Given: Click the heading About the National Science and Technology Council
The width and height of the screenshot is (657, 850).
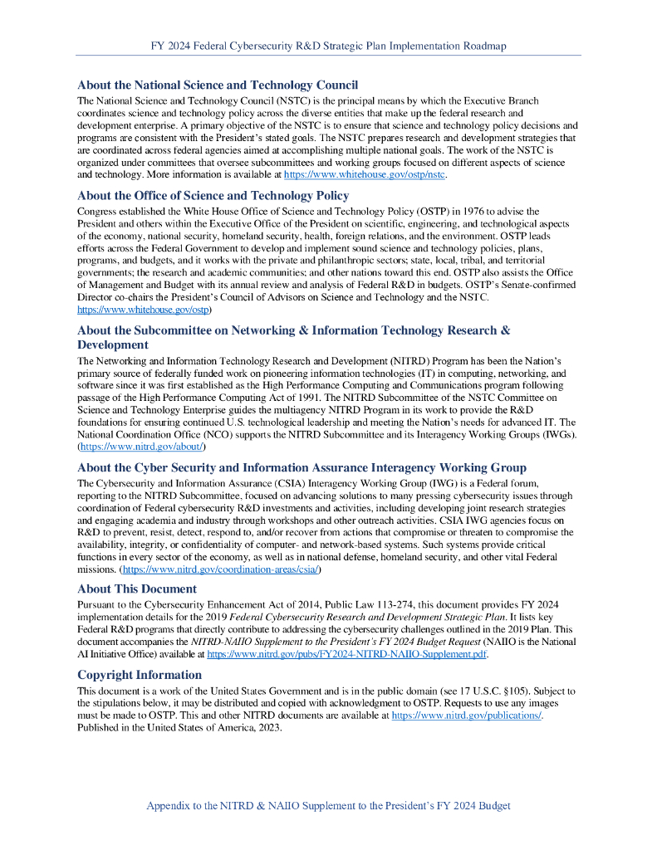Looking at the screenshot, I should click(218, 85).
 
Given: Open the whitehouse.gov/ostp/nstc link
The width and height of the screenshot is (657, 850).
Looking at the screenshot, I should click(365, 175).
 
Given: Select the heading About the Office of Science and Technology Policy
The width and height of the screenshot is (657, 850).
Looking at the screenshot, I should click(213, 196).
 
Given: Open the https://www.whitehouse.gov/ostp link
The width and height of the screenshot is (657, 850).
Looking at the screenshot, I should click(143, 309).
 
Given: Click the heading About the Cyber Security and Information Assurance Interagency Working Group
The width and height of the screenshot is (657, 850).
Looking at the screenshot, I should click(302, 467).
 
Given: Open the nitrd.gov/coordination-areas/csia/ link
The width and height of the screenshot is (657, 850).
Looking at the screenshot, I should click(221, 570).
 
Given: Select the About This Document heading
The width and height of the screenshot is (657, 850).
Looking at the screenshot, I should click(136, 589).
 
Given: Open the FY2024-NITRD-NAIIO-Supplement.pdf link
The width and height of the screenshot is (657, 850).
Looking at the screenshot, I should click(346, 654).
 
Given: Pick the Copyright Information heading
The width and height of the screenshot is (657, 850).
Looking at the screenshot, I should click(140, 675).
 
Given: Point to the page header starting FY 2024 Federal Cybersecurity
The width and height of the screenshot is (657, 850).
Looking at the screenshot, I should click(328, 46).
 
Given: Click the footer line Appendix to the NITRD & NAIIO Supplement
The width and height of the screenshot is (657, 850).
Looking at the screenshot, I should click(328, 806).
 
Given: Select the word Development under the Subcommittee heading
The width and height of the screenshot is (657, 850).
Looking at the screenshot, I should click(113, 344).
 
